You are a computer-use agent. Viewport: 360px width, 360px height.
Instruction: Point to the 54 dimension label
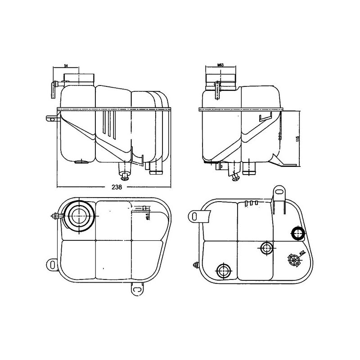click(x=66, y=66)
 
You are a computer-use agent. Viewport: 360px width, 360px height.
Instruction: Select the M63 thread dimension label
click(x=220, y=66)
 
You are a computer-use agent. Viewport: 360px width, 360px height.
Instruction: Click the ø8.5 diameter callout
click(x=148, y=217)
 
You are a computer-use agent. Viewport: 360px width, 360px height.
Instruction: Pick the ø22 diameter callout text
click(x=303, y=254)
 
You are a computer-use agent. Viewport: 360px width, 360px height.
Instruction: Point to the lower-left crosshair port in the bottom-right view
click(x=224, y=271)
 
